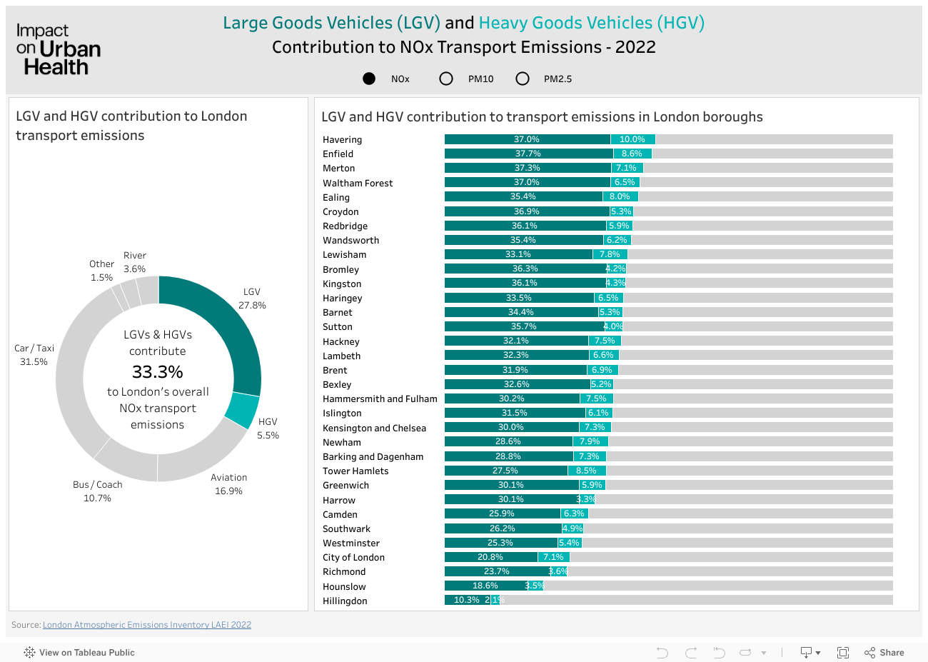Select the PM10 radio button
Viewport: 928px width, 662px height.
tap(446, 79)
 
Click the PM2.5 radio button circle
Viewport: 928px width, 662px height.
tap(523, 79)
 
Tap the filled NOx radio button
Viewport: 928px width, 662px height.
tap(369, 79)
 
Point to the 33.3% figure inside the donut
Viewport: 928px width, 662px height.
tap(158, 372)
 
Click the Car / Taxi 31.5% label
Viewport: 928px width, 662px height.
tap(34, 355)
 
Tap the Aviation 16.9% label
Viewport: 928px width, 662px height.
tap(228, 484)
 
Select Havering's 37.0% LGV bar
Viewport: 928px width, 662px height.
tap(527, 139)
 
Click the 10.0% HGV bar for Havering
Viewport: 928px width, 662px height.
tap(632, 139)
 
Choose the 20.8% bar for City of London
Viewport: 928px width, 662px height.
tap(490, 557)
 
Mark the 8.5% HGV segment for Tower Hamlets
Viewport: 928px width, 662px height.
tap(586, 471)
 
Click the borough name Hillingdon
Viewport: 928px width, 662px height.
tap(345, 601)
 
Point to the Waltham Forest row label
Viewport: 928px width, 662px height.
tap(358, 183)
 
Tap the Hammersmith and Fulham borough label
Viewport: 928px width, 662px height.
tap(380, 398)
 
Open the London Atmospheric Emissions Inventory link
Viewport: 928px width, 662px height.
tap(147, 625)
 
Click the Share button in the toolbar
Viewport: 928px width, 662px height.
tap(884, 653)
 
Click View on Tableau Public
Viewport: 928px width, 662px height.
tap(79, 653)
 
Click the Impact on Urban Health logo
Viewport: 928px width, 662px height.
tap(58, 49)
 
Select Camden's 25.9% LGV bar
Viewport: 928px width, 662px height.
tap(502, 513)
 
